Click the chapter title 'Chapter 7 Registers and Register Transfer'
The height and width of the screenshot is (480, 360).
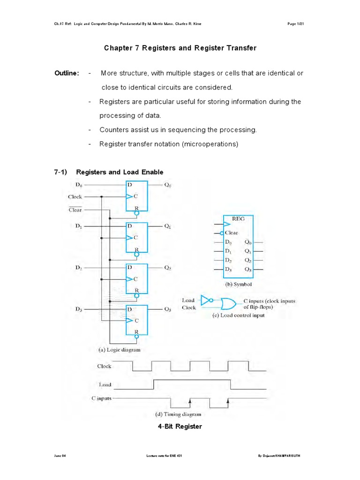point(180,48)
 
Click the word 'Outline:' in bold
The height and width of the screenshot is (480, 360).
point(67,74)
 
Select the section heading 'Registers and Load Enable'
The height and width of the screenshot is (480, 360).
point(120,172)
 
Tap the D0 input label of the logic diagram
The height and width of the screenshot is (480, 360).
point(75,185)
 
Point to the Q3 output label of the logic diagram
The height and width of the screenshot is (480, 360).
point(167,309)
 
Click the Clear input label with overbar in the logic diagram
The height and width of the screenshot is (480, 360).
point(75,210)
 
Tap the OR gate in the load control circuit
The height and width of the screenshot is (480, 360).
point(229,304)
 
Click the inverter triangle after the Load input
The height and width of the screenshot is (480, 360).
point(206,300)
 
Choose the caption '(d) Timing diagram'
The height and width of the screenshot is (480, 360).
point(178,414)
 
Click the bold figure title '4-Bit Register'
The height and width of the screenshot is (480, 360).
point(180,427)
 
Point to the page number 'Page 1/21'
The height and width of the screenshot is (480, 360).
point(297,24)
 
